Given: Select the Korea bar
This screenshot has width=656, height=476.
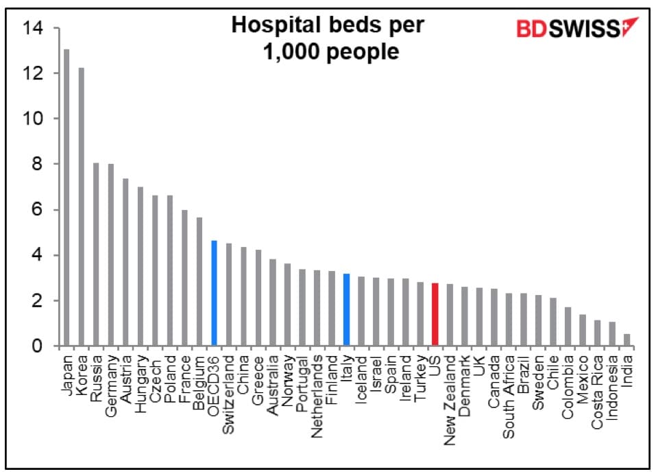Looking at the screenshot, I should point(81,206).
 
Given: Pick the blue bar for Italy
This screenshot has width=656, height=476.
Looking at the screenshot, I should point(346,309).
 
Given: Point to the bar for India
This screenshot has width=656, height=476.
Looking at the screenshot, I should point(627,340).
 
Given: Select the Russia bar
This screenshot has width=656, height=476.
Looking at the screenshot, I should point(96,254).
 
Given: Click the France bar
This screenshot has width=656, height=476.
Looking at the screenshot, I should point(184,278).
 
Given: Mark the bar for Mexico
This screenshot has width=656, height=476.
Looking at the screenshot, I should point(582,330).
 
